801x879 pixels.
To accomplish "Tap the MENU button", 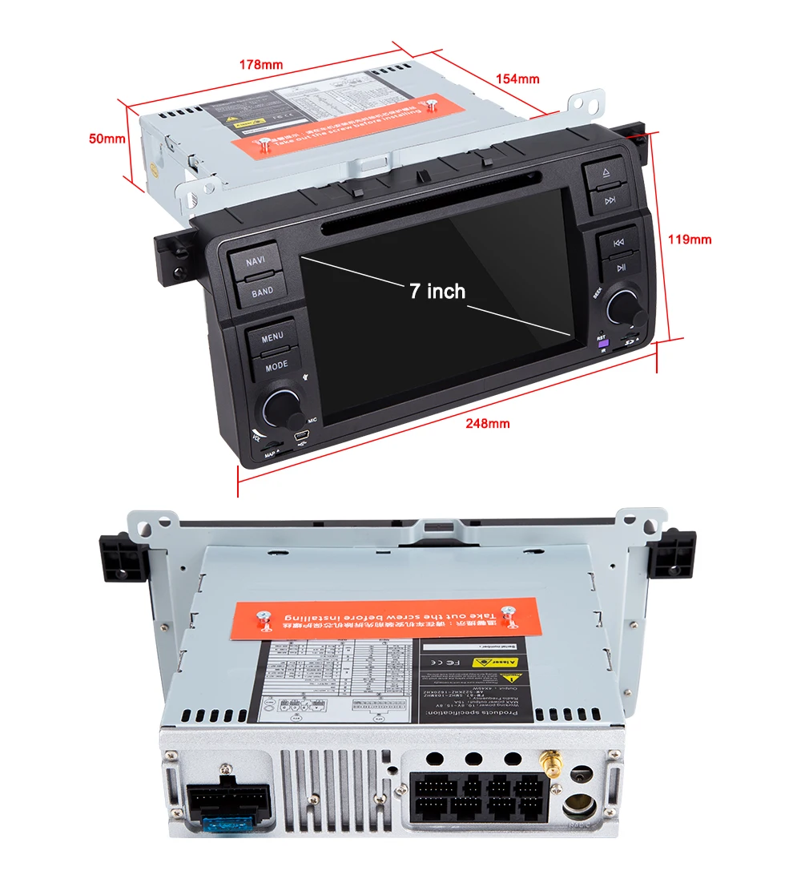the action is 272,337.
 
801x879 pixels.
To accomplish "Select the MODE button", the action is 276,365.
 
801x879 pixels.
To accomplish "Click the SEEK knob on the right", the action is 624,308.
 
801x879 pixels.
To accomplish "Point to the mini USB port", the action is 302,436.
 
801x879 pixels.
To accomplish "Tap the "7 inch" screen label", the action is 437,291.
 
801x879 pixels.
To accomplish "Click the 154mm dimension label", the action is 517,79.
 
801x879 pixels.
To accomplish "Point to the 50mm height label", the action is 107,138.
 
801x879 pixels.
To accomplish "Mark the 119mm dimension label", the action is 690,239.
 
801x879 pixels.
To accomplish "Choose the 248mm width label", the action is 487,423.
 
